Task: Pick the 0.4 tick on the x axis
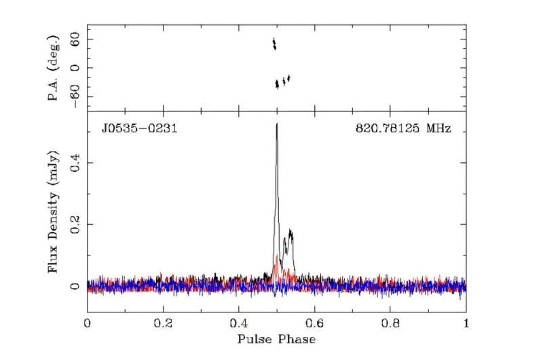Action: (x=238, y=323)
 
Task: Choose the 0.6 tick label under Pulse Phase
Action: (x=314, y=323)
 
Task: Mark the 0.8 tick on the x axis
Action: (x=390, y=323)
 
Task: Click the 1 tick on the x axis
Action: (x=466, y=323)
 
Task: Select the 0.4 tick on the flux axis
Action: (x=75, y=161)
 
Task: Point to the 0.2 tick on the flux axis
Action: (x=75, y=223)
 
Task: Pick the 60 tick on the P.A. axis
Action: (x=75, y=40)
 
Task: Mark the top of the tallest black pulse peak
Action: (x=277, y=124)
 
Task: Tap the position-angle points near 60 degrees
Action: (x=274, y=44)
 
